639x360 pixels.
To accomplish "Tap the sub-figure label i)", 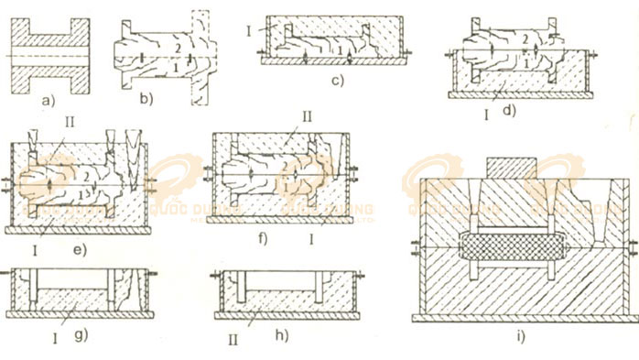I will click(521, 338).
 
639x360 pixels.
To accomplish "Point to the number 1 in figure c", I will click(340, 47).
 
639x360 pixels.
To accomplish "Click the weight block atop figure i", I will click(514, 167).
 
